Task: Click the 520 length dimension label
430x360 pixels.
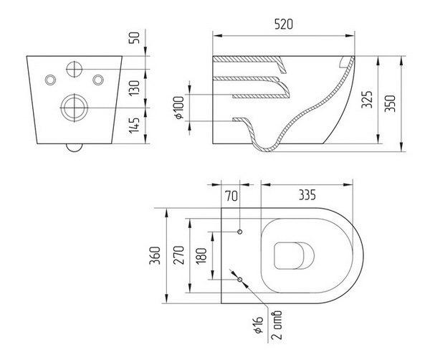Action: coord(284,24)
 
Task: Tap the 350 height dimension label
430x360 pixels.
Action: coord(390,103)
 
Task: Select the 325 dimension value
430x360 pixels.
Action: coord(367,100)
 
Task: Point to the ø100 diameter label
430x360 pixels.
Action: coord(179,108)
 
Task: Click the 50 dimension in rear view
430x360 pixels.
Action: coord(135,38)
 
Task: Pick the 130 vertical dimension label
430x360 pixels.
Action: coord(135,87)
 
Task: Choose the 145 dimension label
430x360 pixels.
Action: coord(135,125)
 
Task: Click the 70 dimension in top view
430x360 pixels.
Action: coord(231,196)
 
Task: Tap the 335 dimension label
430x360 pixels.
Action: coord(307,194)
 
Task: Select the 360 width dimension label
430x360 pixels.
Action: coord(155,256)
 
